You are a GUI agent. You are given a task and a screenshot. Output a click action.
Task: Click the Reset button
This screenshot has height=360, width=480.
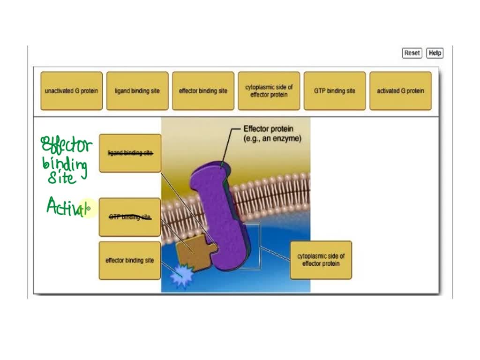[x=412, y=53]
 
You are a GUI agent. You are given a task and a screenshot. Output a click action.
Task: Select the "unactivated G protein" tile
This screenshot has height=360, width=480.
[x=71, y=91]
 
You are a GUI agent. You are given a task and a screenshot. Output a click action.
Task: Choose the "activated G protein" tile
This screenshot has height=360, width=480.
[x=400, y=91]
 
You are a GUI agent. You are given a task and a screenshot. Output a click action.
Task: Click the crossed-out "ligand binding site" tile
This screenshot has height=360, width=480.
[x=130, y=153]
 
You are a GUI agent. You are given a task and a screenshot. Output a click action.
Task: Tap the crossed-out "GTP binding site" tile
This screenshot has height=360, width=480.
[x=130, y=217]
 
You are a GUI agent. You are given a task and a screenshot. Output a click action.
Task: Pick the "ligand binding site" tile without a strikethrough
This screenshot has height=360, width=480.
[x=137, y=91]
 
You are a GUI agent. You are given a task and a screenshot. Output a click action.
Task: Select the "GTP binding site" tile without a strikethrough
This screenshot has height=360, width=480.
[x=335, y=91]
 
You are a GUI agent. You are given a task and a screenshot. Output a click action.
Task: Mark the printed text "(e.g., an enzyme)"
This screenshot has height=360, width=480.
[x=272, y=139]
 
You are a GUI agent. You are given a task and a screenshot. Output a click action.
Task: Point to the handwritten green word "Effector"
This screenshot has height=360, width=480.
[x=67, y=145]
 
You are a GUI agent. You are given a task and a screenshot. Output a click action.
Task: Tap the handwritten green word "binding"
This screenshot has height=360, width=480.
[x=65, y=165]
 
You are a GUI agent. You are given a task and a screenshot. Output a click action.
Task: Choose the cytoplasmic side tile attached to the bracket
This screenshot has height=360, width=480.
[x=321, y=260]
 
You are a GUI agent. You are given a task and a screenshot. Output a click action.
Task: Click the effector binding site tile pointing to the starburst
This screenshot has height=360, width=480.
[x=129, y=261]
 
